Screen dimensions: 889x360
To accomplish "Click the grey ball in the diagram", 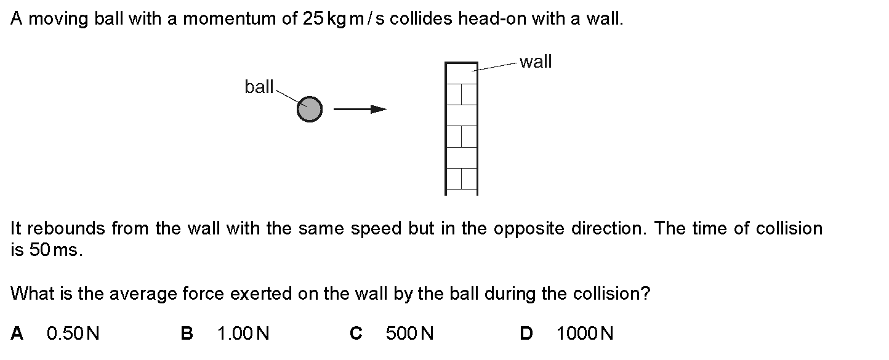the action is [310, 109].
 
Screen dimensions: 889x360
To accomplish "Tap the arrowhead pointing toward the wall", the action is [378, 109].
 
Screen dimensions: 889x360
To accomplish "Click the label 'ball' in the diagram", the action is [259, 87].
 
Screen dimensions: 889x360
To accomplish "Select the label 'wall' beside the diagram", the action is [536, 62].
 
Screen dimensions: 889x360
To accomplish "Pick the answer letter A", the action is [17, 333].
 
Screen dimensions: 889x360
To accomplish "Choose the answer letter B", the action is [187, 333].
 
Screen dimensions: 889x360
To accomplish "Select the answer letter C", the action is [356, 333].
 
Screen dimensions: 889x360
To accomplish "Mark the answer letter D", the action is [526, 333].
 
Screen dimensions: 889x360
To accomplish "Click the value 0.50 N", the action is [73, 333].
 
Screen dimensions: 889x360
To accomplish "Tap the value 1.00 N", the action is [243, 333].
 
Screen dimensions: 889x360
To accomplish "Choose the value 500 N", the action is [409, 333].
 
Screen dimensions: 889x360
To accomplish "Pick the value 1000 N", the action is [585, 333].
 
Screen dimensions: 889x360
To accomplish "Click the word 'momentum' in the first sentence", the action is [230, 18].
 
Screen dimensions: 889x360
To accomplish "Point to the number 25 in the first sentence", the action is [313, 18].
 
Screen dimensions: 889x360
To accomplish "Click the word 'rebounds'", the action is [66, 228].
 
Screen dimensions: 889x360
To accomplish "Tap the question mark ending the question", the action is [646, 294].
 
